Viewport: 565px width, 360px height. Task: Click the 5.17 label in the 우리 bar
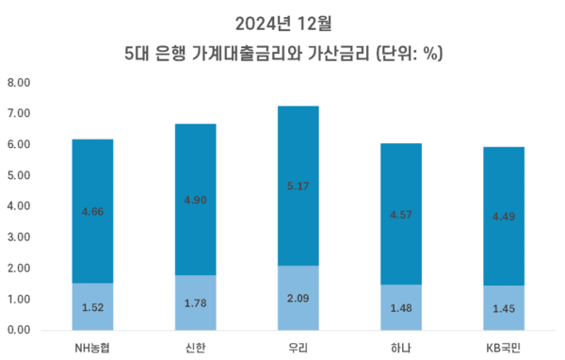click(296, 187)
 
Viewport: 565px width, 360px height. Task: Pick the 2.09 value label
click(296, 298)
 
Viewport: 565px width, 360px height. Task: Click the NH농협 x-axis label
click(93, 347)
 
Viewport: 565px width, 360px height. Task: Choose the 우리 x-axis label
click(296, 347)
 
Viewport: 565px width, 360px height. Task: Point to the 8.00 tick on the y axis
click(20, 83)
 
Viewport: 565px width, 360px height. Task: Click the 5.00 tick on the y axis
click(20, 175)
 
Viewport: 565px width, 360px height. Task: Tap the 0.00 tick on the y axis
click(20, 331)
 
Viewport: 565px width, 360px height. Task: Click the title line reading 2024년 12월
click(282, 20)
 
